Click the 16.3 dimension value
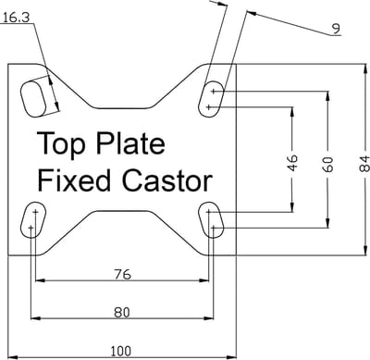click(x=17, y=18)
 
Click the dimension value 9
click(x=336, y=29)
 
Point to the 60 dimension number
click(x=328, y=164)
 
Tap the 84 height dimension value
click(x=364, y=164)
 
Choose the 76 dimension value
click(x=122, y=274)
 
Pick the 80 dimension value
click(x=122, y=313)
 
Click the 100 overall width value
click(x=120, y=352)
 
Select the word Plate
click(x=130, y=143)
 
